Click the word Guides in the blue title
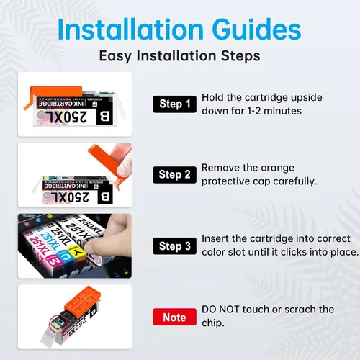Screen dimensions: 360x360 pyautogui.click(x=256, y=30)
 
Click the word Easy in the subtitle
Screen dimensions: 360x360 pyautogui.click(x=115, y=56)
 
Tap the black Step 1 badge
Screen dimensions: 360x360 pyautogui.click(x=175, y=104)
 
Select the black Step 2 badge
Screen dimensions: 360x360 pyautogui.click(x=175, y=175)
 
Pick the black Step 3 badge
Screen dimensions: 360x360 pyautogui.click(x=175, y=246)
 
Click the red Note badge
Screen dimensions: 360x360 pyautogui.click(x=174, y=317)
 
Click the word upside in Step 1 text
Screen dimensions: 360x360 pyautogui.click(x=307, y=97)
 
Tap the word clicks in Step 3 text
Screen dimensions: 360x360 pyautogui.click(x=294, y=252)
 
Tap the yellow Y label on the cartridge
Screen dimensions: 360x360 pyautogui.click(x=77, y=251)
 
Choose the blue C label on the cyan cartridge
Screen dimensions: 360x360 pyautogui.click(x=66, y=257)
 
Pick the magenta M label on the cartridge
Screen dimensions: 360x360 pyautogui.click(x=54, y=261)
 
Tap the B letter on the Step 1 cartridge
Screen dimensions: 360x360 pyautogui.click(x=104, y=117)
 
